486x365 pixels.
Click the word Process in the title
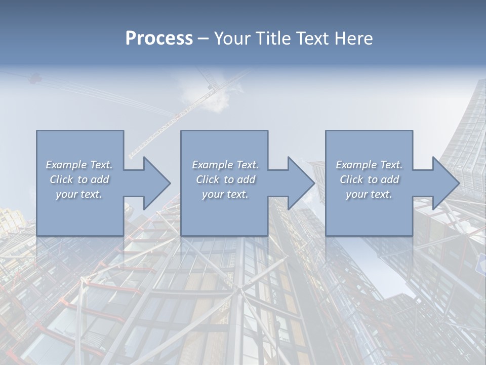[x=159, y=39]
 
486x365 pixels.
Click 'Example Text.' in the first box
[x=79, y=165]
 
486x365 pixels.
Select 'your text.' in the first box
[x=79, y=194]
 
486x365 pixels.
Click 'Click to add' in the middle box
[x=226, y=179]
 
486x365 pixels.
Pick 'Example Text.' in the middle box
[x=225, y=165]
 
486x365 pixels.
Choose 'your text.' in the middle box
[x=225, y=194]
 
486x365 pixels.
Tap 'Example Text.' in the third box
[x=369, y=165]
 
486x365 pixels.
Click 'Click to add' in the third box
[x=370, y=179]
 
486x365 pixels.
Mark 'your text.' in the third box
[x=369, y=194]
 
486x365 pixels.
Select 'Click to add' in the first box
[x=79, y=179]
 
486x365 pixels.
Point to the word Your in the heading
[x=231, y=39]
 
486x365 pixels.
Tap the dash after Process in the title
[x=203, y=39]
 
